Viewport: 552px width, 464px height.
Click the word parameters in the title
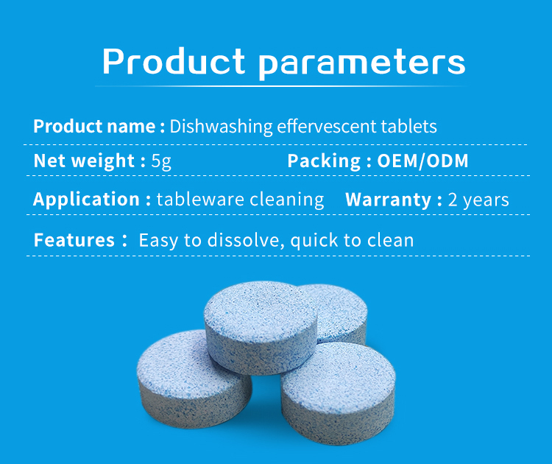(x=363, y=63)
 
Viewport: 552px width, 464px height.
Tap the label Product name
(x=93, y=126)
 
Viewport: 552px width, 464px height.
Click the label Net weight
(x=84, y=161)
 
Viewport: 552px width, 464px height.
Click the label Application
(x=86, y=200)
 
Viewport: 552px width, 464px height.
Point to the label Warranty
(x=388, y=200)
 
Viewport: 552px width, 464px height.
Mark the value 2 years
(x=478, y=200)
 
